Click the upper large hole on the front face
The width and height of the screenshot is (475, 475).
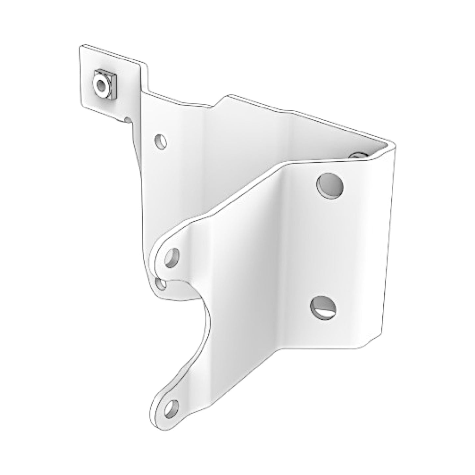(330, 185)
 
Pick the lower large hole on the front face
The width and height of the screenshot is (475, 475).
(323, 307)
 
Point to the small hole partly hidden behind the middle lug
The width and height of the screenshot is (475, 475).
(161, 283)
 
